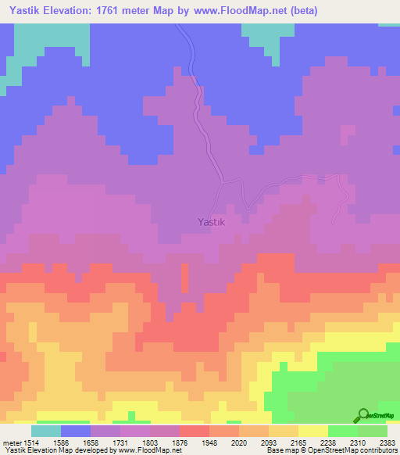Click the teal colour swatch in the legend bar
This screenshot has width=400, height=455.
coord(46,431)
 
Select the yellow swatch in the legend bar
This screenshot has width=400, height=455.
coord(313,431)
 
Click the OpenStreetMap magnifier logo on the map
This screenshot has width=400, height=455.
coord(362,415)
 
